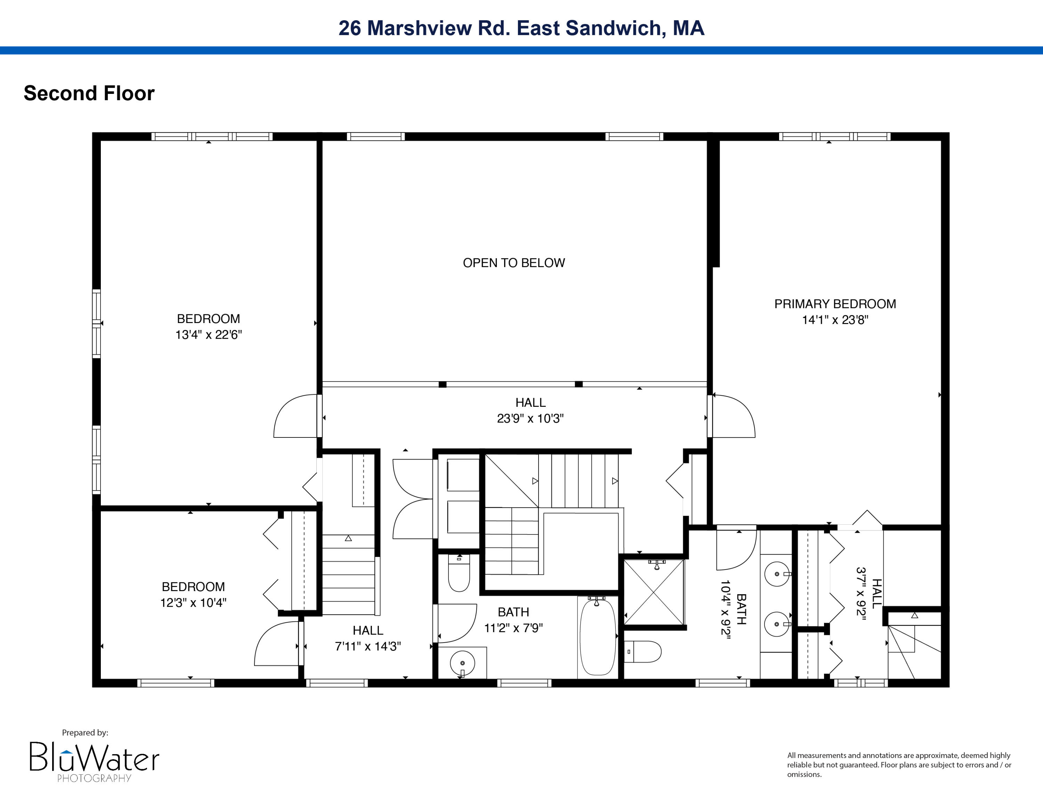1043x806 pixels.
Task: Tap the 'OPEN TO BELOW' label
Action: coord(514,263)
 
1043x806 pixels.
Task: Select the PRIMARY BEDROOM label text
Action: coord(835,304)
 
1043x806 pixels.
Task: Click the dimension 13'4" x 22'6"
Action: coord(208,335)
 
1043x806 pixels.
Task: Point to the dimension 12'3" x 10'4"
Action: coord(193,603)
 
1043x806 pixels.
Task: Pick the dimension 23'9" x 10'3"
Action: coord(530,418)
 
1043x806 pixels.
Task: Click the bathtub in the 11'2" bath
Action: coord(597,637)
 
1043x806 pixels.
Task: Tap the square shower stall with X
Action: coord(654,593)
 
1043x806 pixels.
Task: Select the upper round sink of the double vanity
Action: coord(777,573)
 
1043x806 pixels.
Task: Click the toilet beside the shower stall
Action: coord(644,652)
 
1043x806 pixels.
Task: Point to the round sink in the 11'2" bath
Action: coord(462,663)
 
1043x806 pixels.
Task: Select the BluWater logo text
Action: coord(94,758)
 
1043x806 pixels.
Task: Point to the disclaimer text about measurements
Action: coord(899,765)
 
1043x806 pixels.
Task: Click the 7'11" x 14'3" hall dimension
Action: coord(368,646)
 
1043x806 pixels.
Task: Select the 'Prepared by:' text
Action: coord(85,733)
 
